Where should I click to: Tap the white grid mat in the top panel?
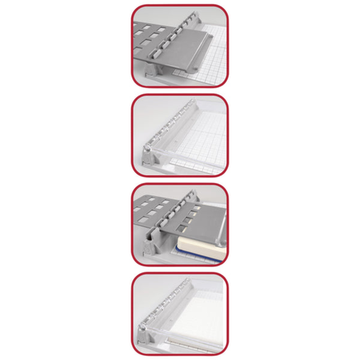click(214, 67)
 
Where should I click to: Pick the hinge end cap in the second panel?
click(149, 150)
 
